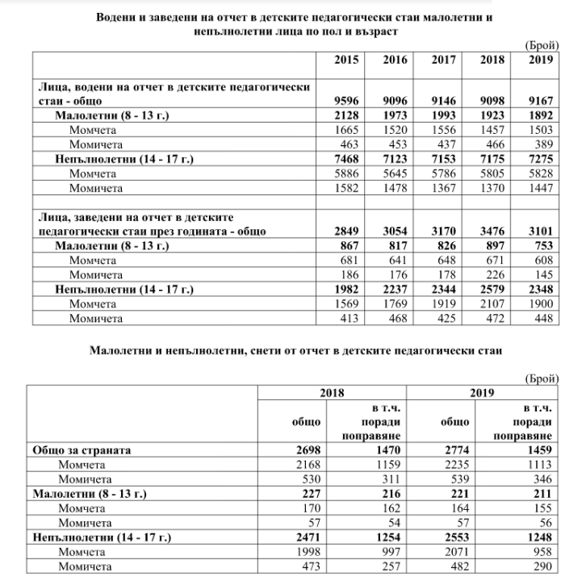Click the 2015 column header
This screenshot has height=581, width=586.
345,61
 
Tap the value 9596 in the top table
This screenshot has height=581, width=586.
345,100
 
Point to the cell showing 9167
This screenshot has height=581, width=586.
541,100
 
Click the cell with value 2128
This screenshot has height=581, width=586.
345,115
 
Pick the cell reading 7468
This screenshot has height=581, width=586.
345,160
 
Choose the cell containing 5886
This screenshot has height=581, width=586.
345,174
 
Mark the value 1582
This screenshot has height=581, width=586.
345,189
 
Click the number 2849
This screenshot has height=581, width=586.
345,232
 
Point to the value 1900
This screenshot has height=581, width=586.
541,304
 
